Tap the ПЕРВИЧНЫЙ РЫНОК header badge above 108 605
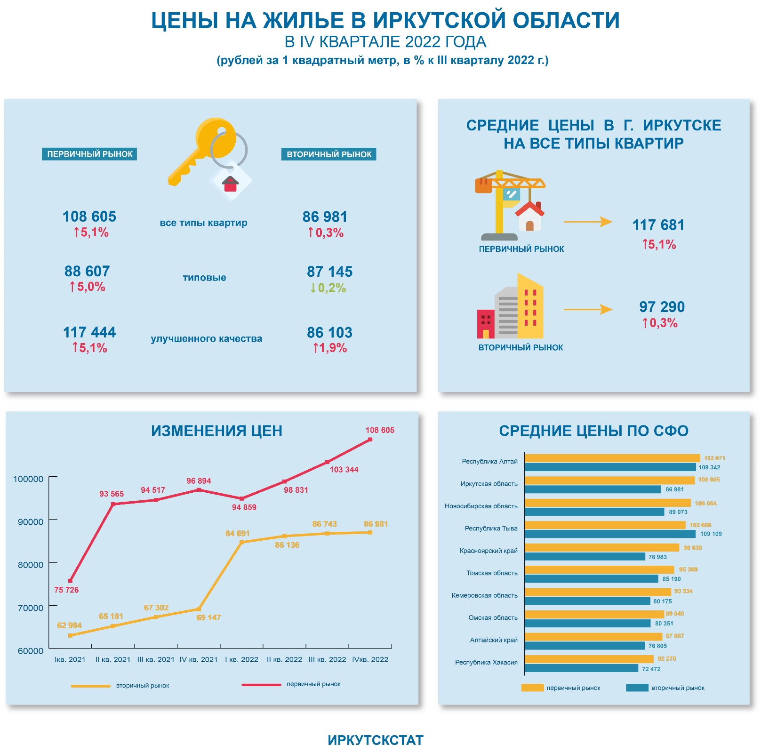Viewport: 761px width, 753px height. [89, 154]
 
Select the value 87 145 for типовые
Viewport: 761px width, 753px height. [329, 272]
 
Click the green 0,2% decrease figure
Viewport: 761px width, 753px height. [328, 288]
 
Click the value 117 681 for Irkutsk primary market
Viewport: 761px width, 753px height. [658, 225]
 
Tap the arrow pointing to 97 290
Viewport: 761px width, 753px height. [588, 309]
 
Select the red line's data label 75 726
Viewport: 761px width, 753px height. [66, 590]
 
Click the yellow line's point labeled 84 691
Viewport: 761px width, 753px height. [242, 542]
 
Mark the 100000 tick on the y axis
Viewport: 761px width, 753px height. [28, 479]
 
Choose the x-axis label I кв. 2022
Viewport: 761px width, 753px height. [241, 659]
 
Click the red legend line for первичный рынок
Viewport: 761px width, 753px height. [261, 685]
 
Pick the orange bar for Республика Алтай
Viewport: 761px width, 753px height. [612, 458]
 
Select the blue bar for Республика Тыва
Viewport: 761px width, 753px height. [610, 534]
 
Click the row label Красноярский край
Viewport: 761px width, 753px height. [489, 551]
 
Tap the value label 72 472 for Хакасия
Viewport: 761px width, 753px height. [651, 669]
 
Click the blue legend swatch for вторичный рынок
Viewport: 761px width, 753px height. [637, 688]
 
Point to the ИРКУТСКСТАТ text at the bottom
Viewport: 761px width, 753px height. [376, 740]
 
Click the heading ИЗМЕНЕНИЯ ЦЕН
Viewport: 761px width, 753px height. [216, 431]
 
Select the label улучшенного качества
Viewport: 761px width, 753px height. [206, 339]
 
